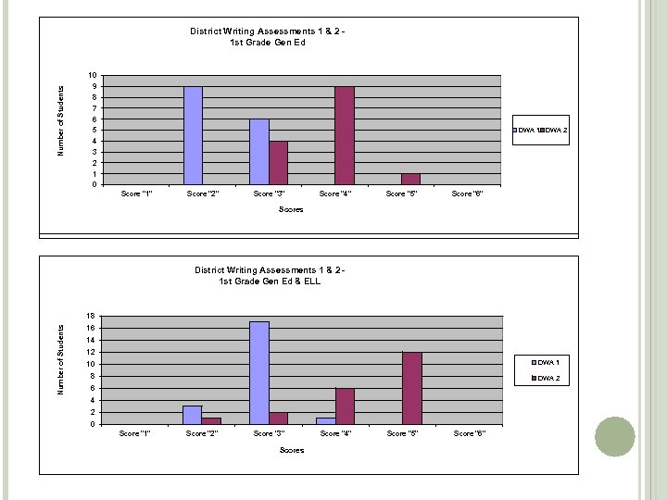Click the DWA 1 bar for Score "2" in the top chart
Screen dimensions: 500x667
193,135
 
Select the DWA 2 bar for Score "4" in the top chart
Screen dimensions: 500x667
345,135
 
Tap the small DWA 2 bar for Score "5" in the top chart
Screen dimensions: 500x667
411,179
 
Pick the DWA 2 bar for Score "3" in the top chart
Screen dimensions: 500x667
278,163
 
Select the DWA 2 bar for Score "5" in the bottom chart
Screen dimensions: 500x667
412,388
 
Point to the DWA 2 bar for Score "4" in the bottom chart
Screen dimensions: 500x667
345,406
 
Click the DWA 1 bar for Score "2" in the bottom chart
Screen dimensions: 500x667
193,415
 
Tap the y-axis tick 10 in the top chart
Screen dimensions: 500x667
91,75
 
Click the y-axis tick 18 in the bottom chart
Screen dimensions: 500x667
90,316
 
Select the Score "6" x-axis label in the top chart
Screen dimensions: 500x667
467,194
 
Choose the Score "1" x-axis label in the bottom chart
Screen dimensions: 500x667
136,433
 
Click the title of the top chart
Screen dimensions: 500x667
268,36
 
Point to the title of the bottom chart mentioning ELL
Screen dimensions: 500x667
270,276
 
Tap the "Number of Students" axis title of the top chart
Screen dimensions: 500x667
62,120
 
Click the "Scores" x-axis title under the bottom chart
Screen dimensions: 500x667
291,450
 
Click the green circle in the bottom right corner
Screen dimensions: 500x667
613,437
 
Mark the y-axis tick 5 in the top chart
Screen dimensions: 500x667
93,130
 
